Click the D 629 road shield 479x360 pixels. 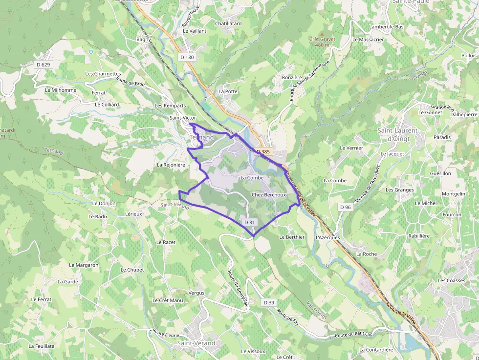(x=43, y=64)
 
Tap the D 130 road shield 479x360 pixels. (x=187, y=57)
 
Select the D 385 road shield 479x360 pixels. (x=263, y=151)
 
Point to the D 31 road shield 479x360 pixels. (x=249, y=222)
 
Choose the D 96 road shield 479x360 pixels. (x=345, y=207)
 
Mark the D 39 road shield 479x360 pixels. (x=269, y=302)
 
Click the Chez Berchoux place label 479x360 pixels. (x=268, y=194)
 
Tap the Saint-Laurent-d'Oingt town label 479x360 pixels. (x=398, y=134)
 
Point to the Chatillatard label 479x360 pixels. (x=228, y=23)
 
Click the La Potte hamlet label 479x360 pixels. (x=228, y=91)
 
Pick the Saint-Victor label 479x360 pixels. (x=182, y=118)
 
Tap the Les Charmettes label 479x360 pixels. (x=103, y=74)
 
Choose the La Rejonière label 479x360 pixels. (x=171, y=165)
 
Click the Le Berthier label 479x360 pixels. (x=292, y=237)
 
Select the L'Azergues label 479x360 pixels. (x=327, y=237)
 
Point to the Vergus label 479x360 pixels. (x=196, y=293)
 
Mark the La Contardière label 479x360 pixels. (x=376, y=349)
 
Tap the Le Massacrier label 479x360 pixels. (x=368, y=39)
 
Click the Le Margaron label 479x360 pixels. (x=84, y=265)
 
